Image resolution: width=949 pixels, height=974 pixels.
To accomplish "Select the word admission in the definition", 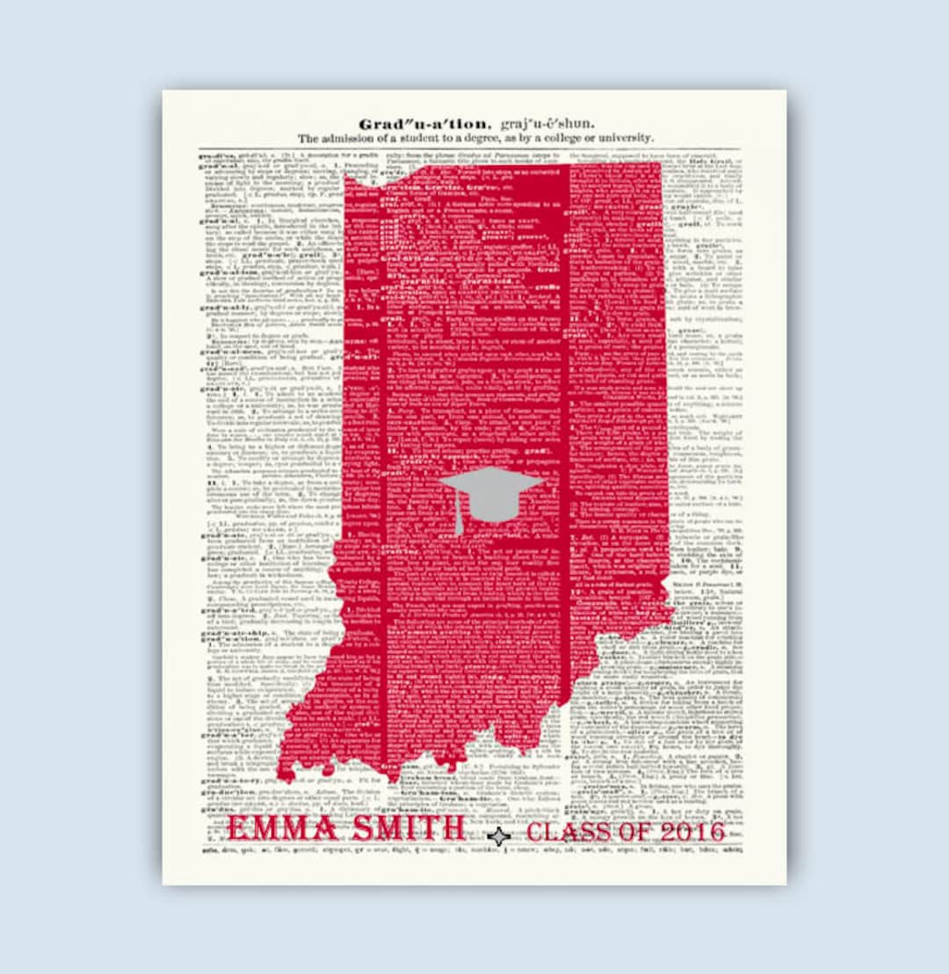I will point(351,138).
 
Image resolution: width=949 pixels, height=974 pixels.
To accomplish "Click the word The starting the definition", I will point(308,138).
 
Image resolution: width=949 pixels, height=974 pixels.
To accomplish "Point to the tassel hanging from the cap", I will point(458,520).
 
